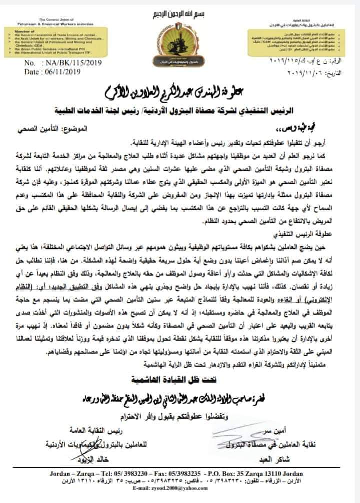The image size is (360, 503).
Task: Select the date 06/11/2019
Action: click(59, 73)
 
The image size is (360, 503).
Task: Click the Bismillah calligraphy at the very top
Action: click(180, 11)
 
